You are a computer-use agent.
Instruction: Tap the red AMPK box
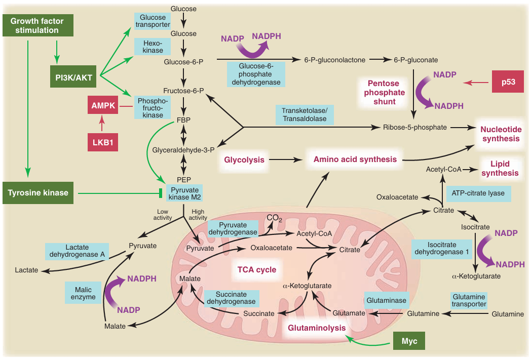pyautogui.click(x=103, y=106)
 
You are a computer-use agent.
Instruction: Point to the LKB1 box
pyautogui.click(x=103, y=141)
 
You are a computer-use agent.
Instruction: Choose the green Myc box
pyautogui.click(x=409, y=341)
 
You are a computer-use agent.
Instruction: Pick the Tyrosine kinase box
pyautogui.click(x=38, y=192)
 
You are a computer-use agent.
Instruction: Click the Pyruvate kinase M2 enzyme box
pyautogui.click(x=183, y=193)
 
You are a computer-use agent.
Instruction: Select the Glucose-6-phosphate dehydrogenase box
pyautogui.click(x=255, y=74)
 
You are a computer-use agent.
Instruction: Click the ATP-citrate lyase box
pyautogui.click(x=478, y=193)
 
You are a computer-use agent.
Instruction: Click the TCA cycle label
pyautogui.click(x=257, y=269)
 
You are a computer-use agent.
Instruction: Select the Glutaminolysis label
pyautogui.click(x=317, y=328)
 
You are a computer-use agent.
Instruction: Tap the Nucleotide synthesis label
pyautogui.click(x=501, y=134)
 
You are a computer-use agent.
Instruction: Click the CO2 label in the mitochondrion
pyautogui.click(x=274, y=218)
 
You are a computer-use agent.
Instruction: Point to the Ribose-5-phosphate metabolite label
pyautogui.click(x=415, y=127)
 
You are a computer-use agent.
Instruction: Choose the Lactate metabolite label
pyautogui.click(x=26, y=270)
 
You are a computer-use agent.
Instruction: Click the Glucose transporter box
pyautogui.click(x=152, y=21)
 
